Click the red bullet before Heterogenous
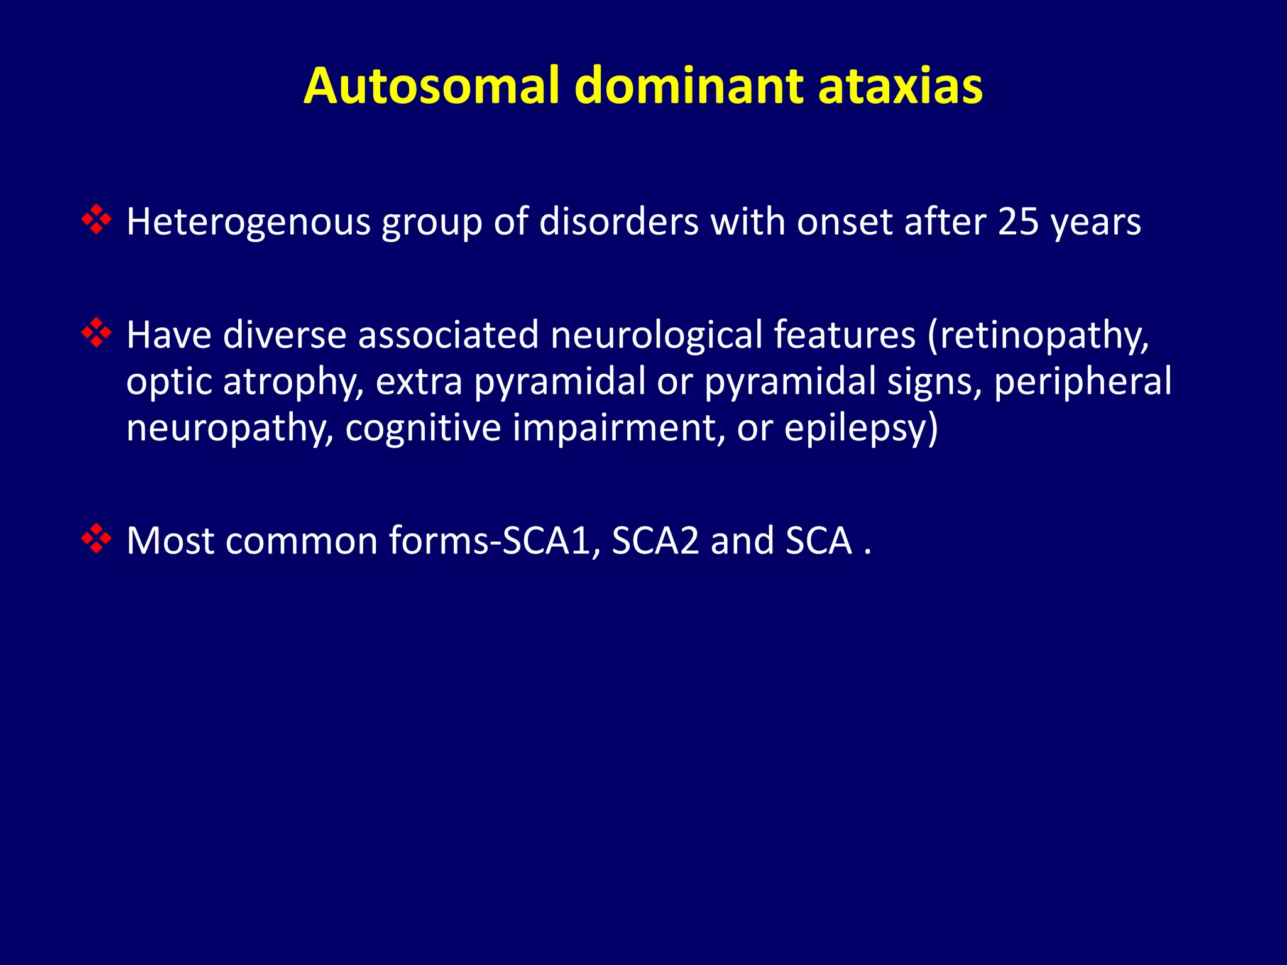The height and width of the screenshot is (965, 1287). click(96, 220)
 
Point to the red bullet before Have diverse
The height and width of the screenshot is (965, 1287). click(96, 333)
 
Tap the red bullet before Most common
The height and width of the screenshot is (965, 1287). click(96, 539)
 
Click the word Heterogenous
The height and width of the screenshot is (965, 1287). click(249, 222)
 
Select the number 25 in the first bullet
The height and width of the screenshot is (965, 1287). click(1018, 222)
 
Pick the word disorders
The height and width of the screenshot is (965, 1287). click(618, 222)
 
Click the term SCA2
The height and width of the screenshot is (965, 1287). click(655, 540)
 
